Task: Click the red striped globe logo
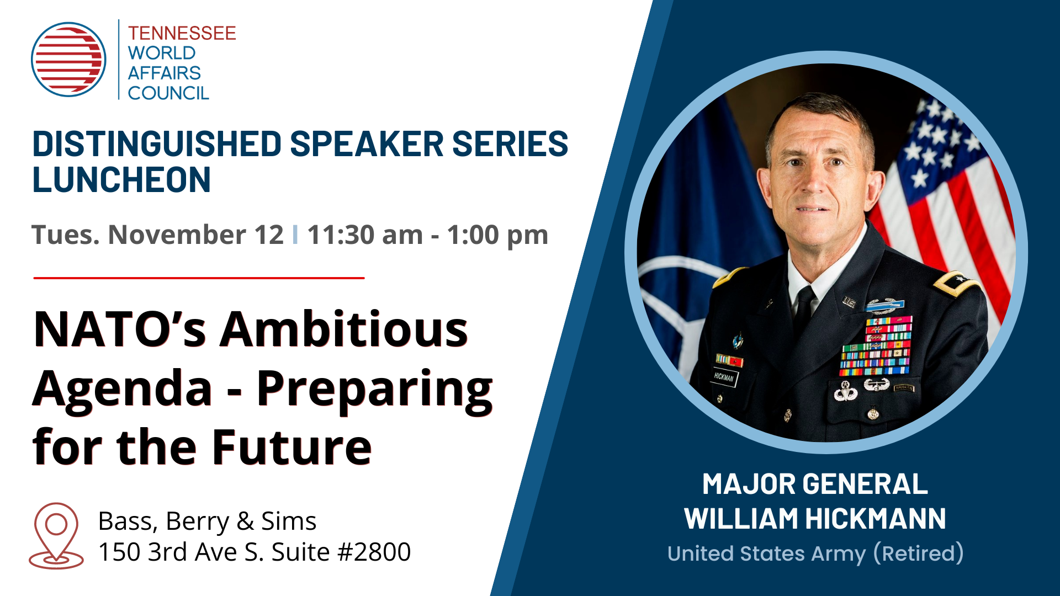pyautogui.click(x=68, y=60)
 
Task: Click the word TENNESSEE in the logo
pyautogui.click(x=182, y=33)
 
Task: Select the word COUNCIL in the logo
pyautogui.click(x=168, y=93)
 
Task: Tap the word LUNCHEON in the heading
pyautogui.click(x=121, y=180)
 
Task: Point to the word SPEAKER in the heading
pyautogui.click(x=367, y=144)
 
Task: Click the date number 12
pyautogui.click(x=269, y=235)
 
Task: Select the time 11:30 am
pyautogui.click(x=365, y=235)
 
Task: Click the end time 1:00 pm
pyautogui.click(x=497, y=236)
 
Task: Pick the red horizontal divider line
pyautogui.click(x=199, y=278)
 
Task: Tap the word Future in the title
pyautogui.click(x=292, y=447)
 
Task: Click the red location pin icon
pyautogui.click(x=56, y=536)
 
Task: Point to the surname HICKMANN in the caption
pyautogui.click(x=876, y=519)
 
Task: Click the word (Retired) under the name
pyautogui.click(x=919, y=554)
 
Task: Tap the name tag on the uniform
pyautogui.click(x=724, y=377)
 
